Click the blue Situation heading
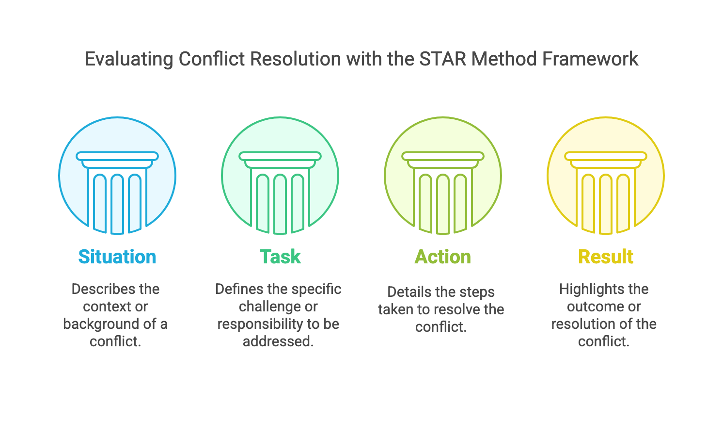(117, 257)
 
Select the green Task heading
(280, 257)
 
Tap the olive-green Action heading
(443, 257)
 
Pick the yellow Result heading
(606, 257)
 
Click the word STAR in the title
(442, 59)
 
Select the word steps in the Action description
(477, 292)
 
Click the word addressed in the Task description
(278, 341)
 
